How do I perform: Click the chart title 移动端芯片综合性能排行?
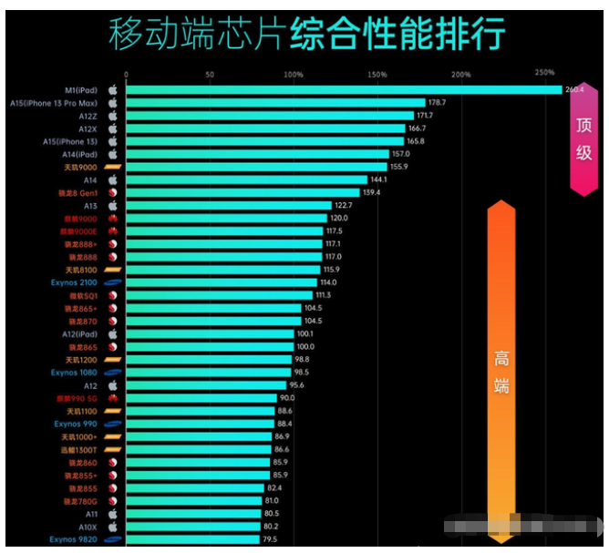pos(306,35)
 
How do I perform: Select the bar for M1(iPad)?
pos(343,90)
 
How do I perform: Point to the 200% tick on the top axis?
pos(460,74)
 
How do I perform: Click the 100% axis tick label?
pos(294,74)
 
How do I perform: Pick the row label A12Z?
pos(88,116)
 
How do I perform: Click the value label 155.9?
pos(398,167)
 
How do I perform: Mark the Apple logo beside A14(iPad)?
pos(113,154)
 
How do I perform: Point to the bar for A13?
pos(228,206)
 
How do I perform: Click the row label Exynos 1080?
pos(74,373)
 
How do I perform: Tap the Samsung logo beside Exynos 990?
pos(113,424)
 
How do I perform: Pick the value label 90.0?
pos(288,398)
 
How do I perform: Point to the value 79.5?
pos(271,539)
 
